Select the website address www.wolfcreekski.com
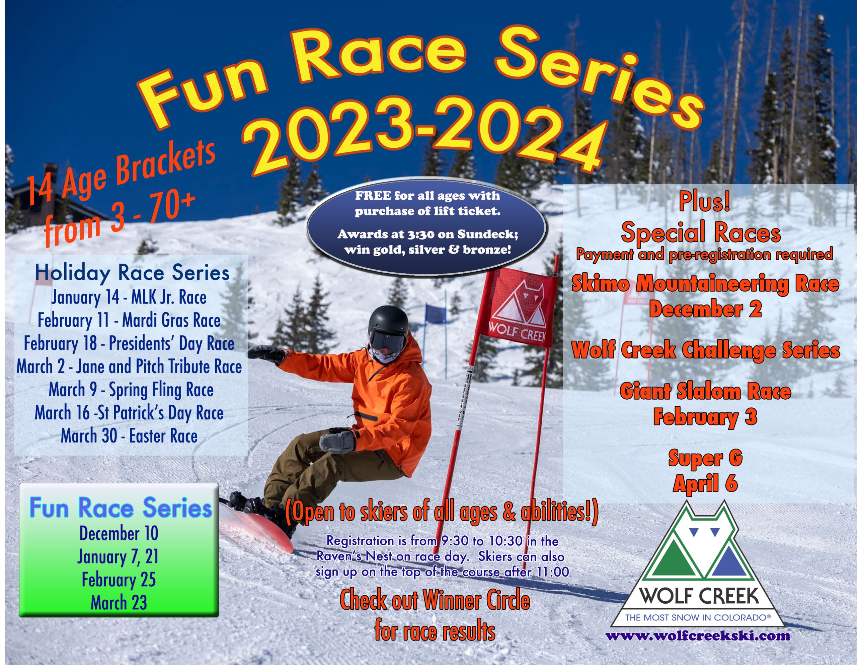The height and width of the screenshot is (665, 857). tap(698, 636)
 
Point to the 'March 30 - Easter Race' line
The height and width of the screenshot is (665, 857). tap(129, 436)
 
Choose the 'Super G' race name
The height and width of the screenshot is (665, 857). tap(705, 458)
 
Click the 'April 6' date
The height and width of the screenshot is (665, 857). tap(705, 483)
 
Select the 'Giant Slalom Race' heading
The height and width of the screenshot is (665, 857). tap(705, 392)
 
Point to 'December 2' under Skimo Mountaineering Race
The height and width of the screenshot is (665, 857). tap(705, 309)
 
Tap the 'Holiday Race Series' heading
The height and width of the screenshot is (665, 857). tap(132, 273)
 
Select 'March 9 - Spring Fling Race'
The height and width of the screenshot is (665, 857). tap(131, 390)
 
